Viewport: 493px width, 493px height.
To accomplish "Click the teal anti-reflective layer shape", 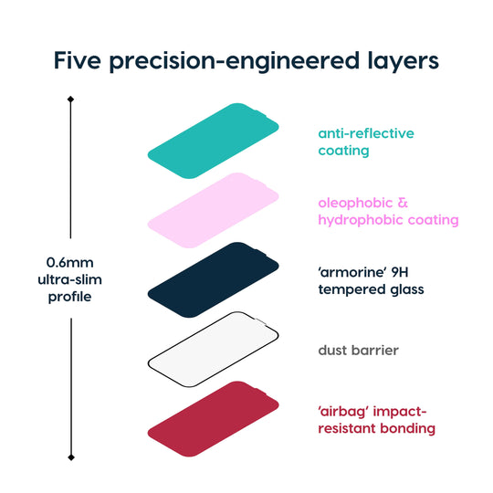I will (213, 142).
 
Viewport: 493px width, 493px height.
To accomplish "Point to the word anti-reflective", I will (366, 133).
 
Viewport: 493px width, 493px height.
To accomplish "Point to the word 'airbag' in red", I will (345, 411).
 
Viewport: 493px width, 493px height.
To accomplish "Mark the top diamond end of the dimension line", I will (71, 99).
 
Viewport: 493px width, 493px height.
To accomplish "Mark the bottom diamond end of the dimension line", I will (71, 456).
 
